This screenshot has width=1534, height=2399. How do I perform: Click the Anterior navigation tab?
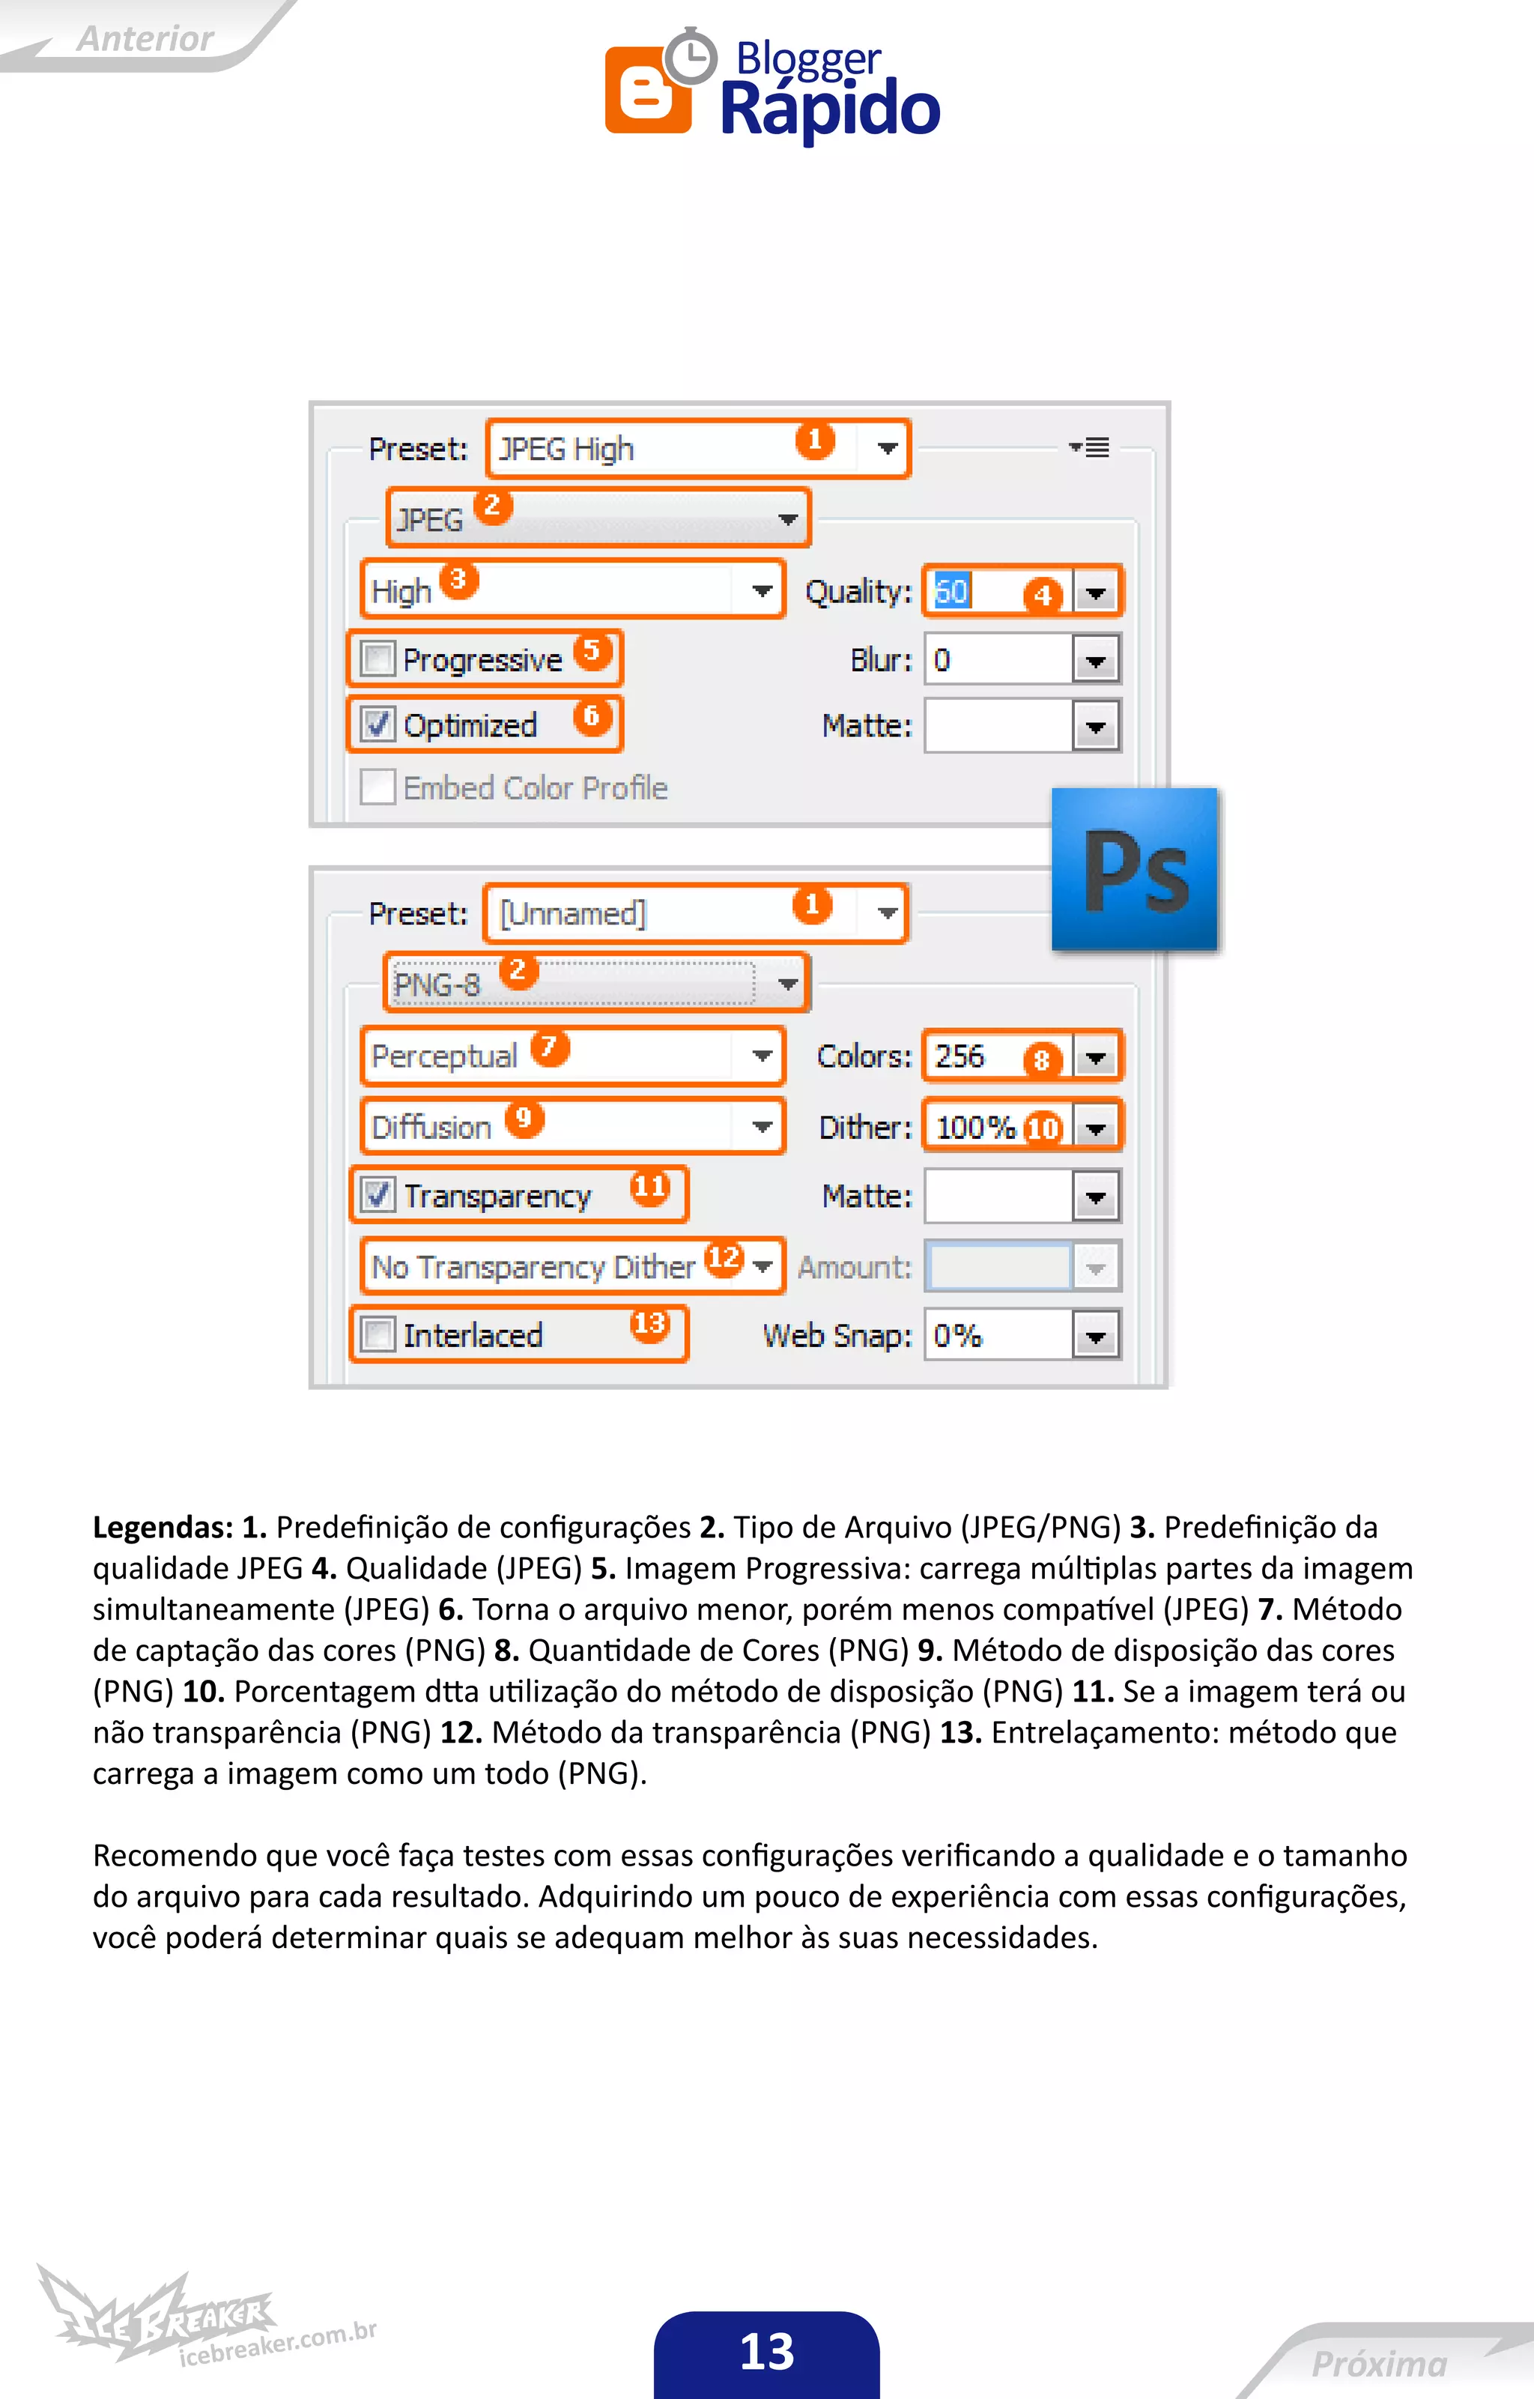145,38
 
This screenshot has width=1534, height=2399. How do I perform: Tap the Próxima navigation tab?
1379,2363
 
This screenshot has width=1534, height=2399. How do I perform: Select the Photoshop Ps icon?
1135,869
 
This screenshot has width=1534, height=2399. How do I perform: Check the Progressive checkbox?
378,659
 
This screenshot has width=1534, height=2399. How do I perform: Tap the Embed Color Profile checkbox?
378,787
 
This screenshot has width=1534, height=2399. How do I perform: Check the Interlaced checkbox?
378,1334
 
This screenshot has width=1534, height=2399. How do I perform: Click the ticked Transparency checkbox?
378,1194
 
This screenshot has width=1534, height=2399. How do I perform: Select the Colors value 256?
959,1056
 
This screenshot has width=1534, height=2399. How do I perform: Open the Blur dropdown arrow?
1096,661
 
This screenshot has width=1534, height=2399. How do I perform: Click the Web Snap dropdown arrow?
1096,1336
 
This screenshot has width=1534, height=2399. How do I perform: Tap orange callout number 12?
724,1258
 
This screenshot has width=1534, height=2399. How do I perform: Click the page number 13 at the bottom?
766,2351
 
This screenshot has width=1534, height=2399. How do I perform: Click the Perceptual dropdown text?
444,1056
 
